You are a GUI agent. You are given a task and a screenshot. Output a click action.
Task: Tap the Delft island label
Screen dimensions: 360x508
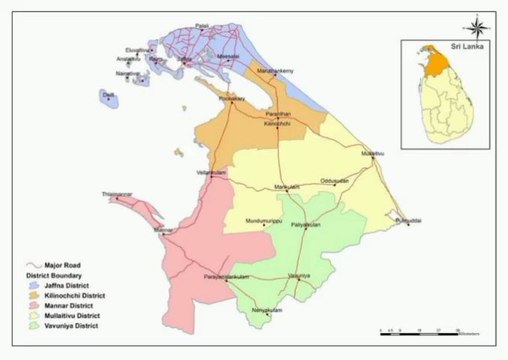(108, 94)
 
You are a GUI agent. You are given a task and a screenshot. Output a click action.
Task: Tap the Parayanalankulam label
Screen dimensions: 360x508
(224, 274)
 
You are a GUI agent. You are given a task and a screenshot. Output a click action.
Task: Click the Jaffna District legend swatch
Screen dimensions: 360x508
(33, 286)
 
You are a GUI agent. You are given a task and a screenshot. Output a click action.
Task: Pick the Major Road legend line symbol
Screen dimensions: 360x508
(33, 267)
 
